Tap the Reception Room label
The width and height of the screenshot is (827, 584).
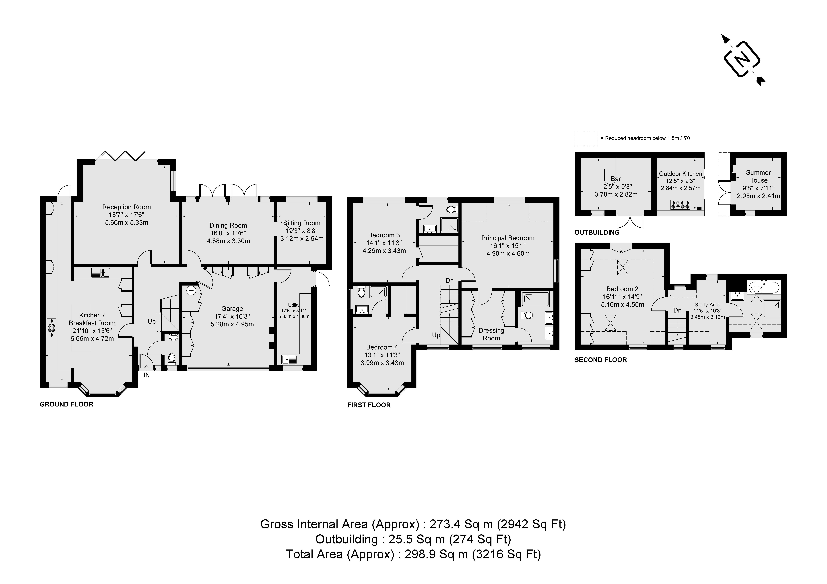pos(126,207)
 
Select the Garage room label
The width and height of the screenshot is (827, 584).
pos(232,309)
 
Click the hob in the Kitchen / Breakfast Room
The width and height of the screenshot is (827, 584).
pos(51,328)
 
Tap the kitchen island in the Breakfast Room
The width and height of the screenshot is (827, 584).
pos(80,328)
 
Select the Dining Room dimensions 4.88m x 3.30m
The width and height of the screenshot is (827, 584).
pos(228,241)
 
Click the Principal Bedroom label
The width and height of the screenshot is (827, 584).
pos(507,238)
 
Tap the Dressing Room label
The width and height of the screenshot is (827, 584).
pos(491,334)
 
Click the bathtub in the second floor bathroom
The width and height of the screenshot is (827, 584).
pos(764,288)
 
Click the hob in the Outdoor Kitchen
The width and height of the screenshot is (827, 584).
pos(680,205)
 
